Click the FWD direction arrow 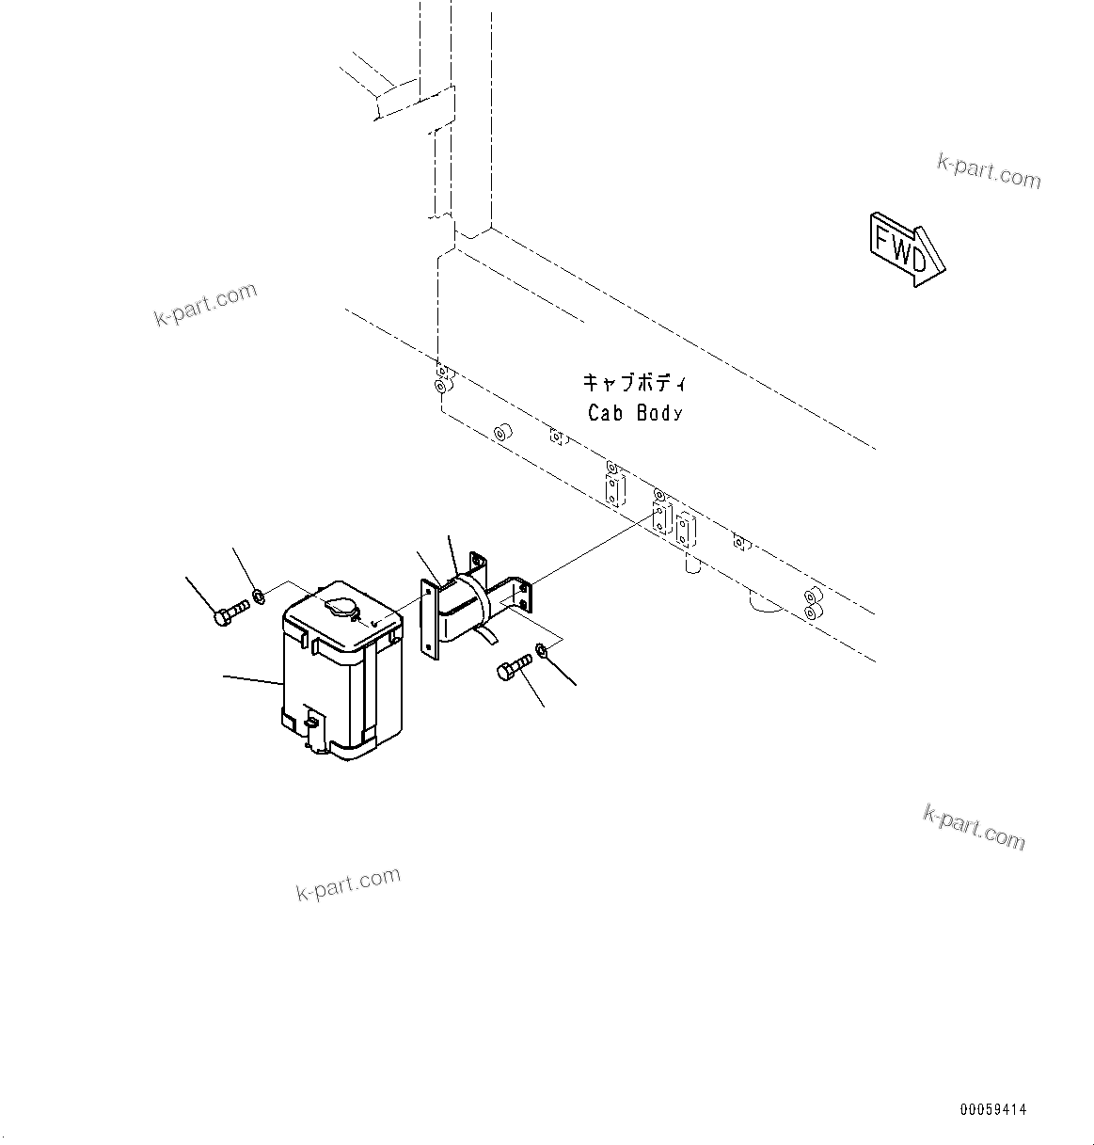905,247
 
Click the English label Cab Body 635,412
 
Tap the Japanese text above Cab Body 635,383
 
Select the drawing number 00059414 993,1110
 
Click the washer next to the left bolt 258,595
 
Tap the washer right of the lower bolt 542,650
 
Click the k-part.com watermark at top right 989,172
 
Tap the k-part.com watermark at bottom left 348,884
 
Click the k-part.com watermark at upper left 205,304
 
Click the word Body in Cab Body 658,412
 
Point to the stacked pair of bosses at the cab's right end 811,605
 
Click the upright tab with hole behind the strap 479,565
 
